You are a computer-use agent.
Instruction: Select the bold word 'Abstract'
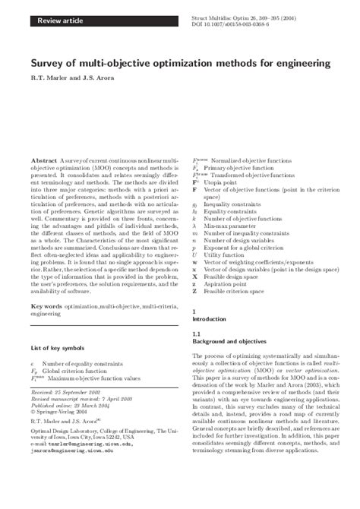pyautogui.click(x=43, y=141)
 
